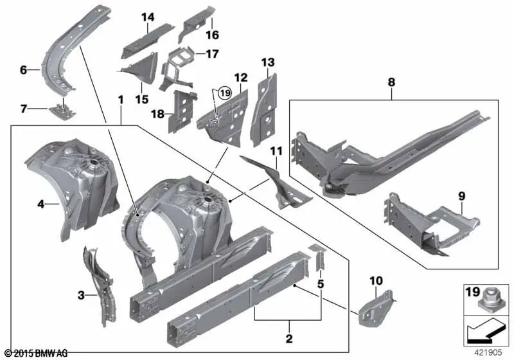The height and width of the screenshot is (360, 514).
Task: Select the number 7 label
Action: point(23,109)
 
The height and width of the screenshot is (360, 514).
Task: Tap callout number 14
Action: point(148,17)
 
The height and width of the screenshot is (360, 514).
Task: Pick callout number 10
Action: point(376,280)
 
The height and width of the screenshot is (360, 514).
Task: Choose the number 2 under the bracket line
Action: point(289,338)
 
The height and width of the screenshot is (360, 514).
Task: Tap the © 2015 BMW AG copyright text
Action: point(35,354)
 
